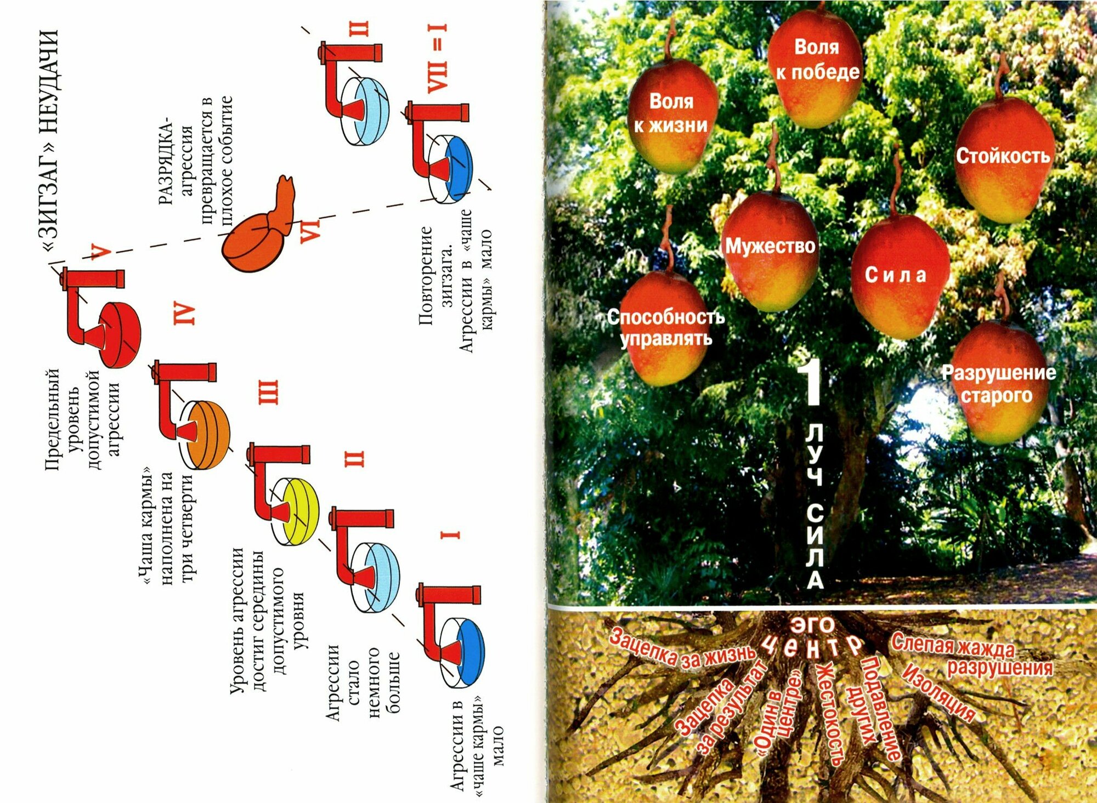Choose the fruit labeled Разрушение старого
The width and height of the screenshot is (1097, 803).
pos(998,384)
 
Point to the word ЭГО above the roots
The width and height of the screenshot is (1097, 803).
pos(812,624)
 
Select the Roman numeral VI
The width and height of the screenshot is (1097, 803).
pos(310,229)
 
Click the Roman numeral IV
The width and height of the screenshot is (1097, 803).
pos(184,313)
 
